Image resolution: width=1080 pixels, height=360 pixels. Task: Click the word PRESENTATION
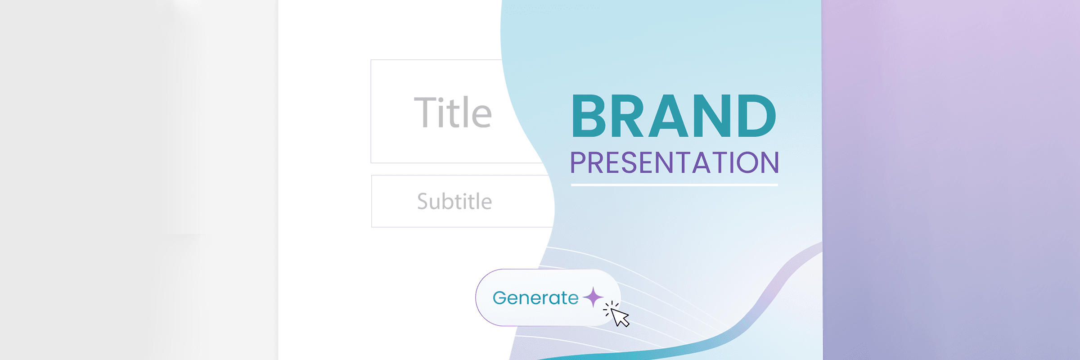coord(675,162)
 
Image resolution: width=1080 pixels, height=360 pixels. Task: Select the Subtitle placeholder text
coord(454,201)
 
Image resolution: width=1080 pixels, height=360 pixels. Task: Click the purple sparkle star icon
coord(593,297)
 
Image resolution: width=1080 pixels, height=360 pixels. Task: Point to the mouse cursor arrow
coord(620,318)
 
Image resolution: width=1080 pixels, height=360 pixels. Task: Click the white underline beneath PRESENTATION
coord(675,184)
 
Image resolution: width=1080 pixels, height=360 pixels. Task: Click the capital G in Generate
coord(500,297)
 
